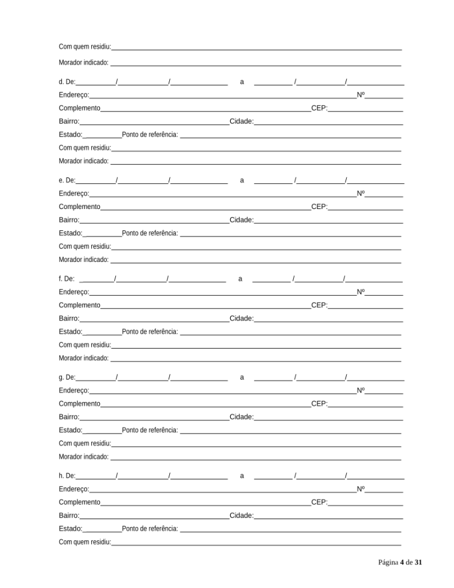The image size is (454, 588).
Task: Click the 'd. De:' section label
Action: (67, 82)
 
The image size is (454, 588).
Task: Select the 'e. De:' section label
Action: (67, 180)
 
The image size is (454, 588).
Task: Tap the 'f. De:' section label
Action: (67, 278)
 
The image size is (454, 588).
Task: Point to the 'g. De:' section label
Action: (67, 377)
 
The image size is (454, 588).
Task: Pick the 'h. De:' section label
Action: (67, 475)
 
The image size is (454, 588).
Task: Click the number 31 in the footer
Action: (418, 562)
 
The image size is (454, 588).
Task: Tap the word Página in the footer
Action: (388, 562)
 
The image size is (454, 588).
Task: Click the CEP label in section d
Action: (319, 108)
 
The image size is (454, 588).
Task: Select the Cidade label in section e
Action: (241, 220)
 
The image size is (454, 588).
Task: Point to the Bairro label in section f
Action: (69, 318)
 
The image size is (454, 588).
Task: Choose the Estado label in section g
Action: (71, 430)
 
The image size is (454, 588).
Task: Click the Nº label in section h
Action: (360, 489)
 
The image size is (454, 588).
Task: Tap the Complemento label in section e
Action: (79, 207)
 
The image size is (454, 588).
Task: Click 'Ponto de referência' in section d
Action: (150, 135)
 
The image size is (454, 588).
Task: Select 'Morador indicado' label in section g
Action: (84, 457)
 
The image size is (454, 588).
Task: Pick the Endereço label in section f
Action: (73, 292)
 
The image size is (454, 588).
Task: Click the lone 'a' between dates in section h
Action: (242, 475)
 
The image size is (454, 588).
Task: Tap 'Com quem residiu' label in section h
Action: (85, 542)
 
